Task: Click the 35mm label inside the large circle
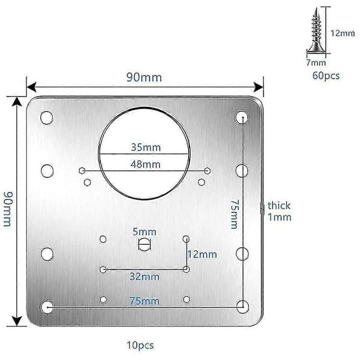(x=146, y=147)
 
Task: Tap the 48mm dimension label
(x=145, y=164)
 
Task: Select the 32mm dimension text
(x=145, y=277)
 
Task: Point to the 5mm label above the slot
(x=145, y=232)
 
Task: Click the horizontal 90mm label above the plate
(x=144, y=77)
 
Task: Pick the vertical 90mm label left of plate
(x=8, y=209)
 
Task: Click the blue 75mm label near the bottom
(x=145, y=301)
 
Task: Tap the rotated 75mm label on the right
(x=235, y=214)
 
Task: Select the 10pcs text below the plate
(x=140, y=346)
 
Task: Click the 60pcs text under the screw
(x=326, y=76)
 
